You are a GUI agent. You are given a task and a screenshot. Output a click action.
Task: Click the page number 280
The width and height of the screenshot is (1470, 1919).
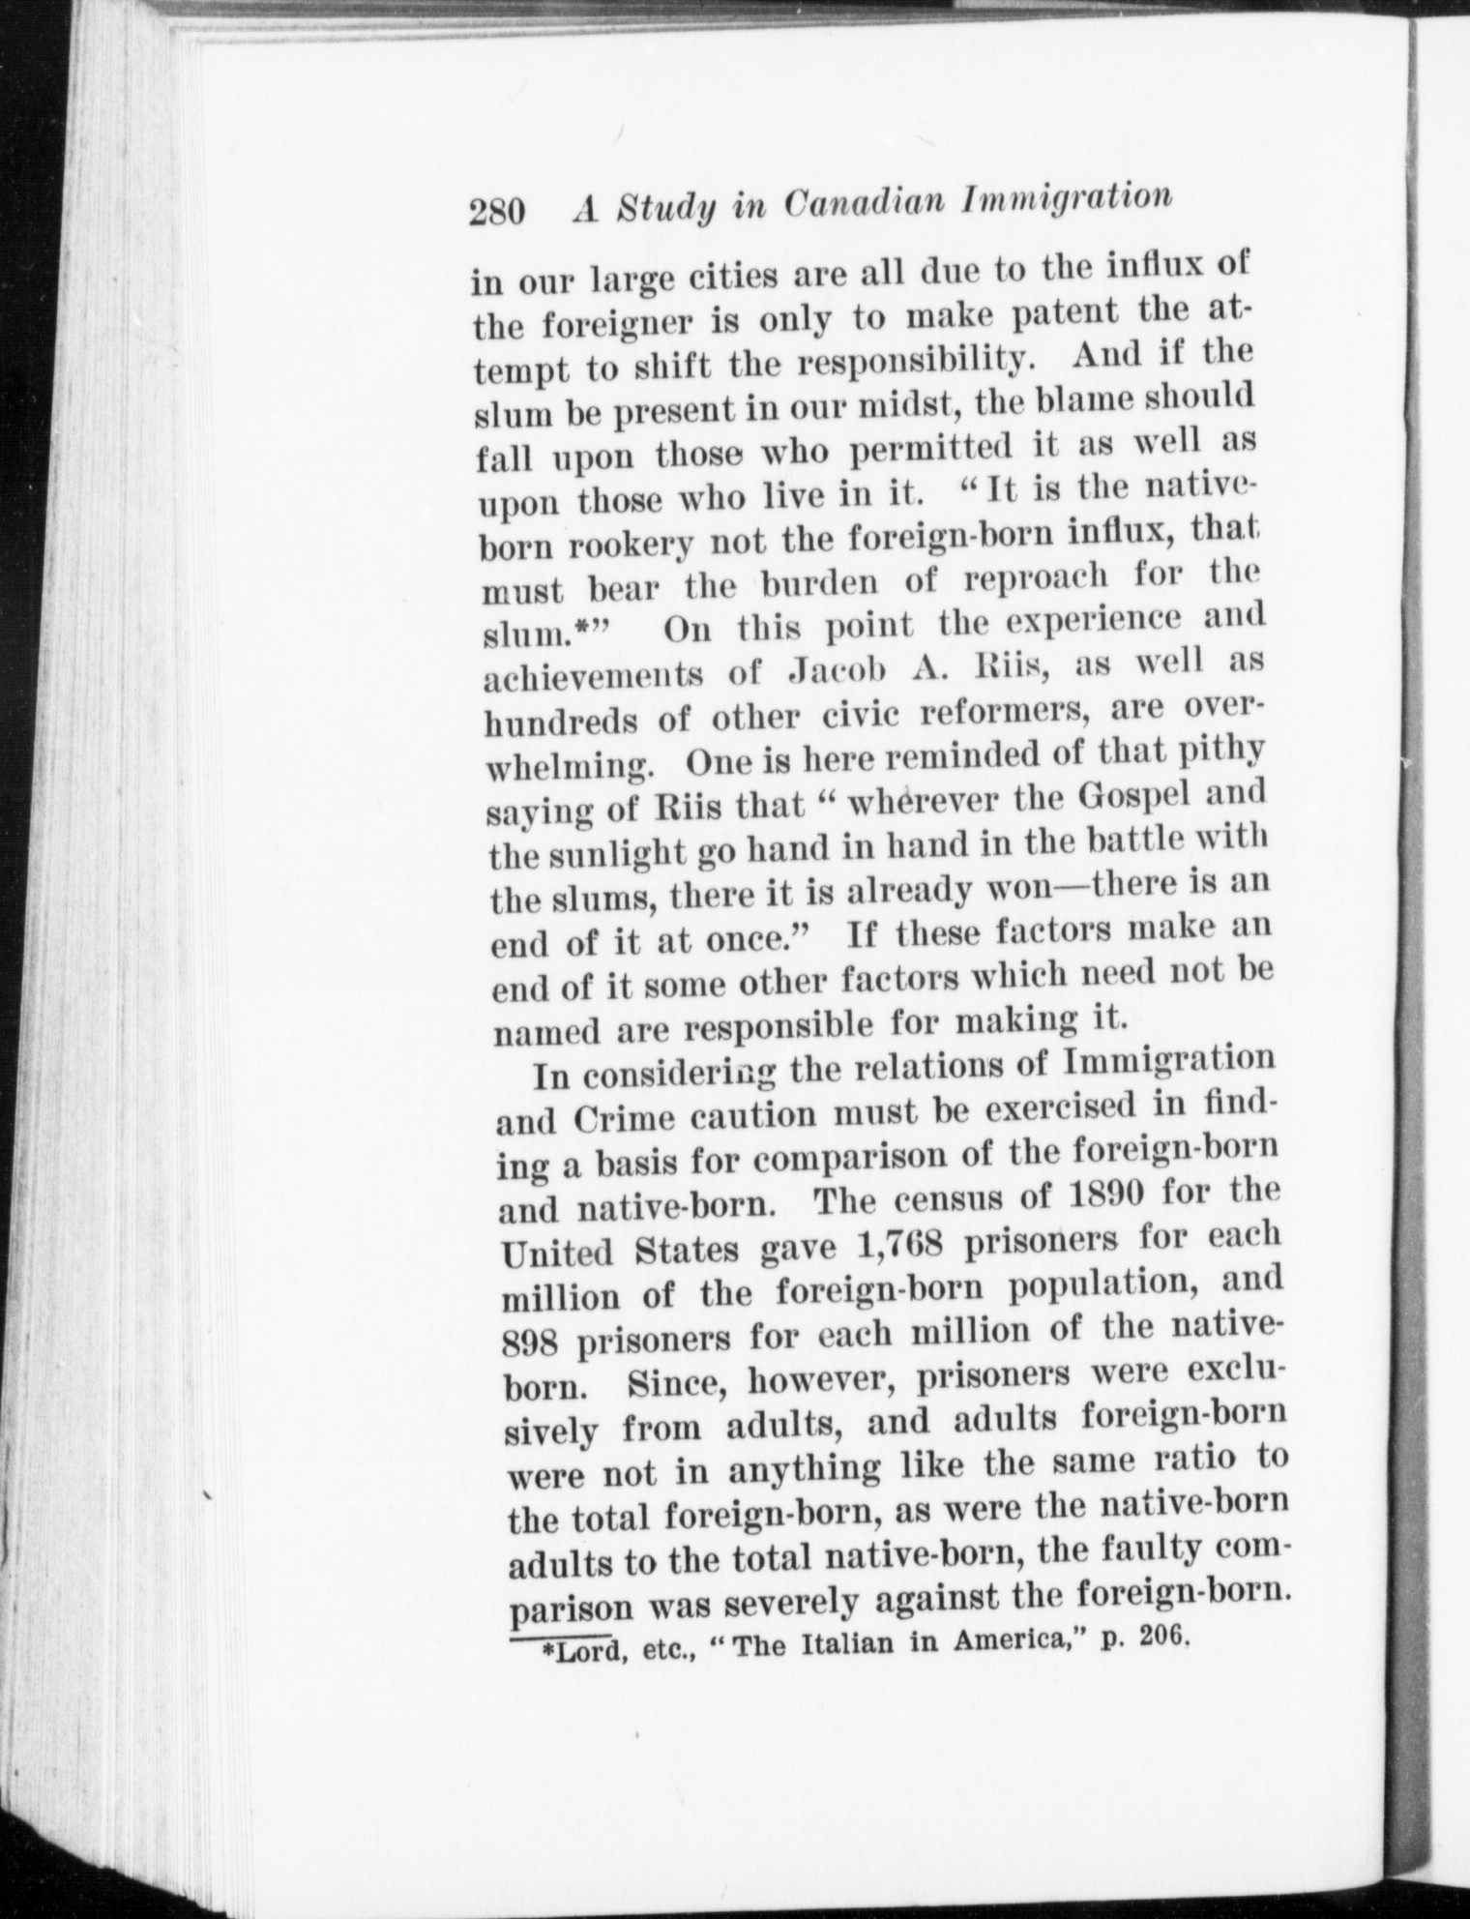496,211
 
